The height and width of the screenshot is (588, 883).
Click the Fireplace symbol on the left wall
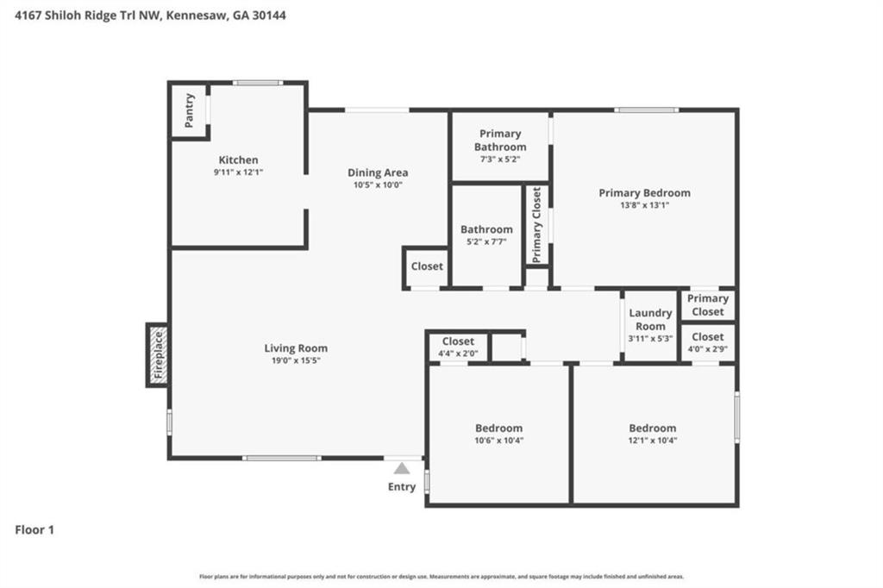(157, 354)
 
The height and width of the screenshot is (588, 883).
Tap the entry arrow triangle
(402, 468)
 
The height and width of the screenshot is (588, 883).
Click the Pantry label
(190, 109)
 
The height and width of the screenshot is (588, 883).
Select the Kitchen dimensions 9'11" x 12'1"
(238, 172)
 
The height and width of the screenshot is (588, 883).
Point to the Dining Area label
(378, 172)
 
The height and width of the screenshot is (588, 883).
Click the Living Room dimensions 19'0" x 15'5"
(296, 360)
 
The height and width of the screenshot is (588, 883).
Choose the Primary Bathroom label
(500, 140)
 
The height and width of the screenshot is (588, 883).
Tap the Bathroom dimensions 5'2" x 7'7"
(486, 241)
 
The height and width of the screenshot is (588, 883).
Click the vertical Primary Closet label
(537, 225)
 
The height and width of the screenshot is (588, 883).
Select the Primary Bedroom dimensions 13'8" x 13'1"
(644, 205)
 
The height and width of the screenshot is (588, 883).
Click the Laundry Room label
(650, 319)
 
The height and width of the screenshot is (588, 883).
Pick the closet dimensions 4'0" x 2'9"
(707, 348)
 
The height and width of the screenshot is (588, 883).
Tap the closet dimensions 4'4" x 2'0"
(458, 353)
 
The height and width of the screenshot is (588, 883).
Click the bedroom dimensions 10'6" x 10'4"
(498, 440)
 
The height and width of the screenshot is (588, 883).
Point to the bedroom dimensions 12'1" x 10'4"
(652, 440)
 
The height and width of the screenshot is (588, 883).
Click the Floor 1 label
(34, 530)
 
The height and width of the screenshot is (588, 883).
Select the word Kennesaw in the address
(197, 16)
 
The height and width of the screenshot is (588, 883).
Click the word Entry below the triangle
(402, 487)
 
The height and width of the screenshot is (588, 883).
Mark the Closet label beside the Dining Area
(427, 266)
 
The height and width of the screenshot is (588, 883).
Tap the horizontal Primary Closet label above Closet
(708, 304)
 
